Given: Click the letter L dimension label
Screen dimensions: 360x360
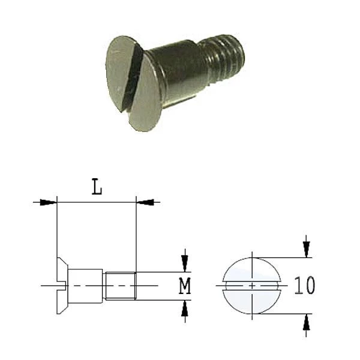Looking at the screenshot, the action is pyautogui.click(x=97, y=187).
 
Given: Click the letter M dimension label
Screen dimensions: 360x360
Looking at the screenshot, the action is pyautogui.click(x=185, y=286).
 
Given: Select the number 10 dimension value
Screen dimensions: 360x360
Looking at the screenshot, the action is pyautogui.click(x=304, y=285).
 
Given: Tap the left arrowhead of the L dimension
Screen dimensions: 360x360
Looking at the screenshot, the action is pyautogui.click(x=48, y=202).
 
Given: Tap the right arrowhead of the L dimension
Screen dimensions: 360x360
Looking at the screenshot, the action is pyautogui.click(x=145, y=202).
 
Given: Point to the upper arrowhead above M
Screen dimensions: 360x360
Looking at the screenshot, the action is pyautogui.click(x=185, y=263).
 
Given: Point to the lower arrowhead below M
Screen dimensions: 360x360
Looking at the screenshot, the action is pyautogui.click(x=185, y=308).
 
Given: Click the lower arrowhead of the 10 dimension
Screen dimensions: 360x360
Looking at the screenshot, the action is pyautogui.click(x=306, y=322).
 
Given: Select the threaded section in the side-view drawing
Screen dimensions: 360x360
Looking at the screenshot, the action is pyautogui.click(x=120, y=286).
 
